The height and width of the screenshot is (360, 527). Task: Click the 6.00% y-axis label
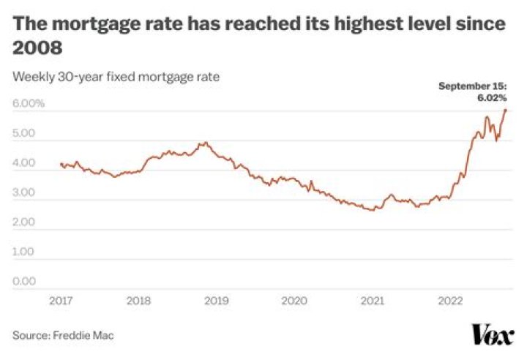tap(29, 103)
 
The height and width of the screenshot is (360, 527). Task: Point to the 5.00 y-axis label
tap(24, 133)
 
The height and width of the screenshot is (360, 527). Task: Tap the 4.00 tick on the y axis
tap(24, 163)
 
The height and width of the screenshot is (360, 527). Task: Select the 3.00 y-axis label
tap(24, 192)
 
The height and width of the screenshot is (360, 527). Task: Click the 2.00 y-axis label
tap(24, 222)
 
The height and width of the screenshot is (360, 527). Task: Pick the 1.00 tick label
tap(24, 252)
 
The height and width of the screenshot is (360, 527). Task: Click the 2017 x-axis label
tap(61, 301)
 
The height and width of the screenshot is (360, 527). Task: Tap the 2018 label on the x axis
tap(138, 301)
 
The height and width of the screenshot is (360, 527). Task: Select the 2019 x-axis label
tap(216, 301)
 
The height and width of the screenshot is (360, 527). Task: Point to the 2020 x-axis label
tap(294, 301)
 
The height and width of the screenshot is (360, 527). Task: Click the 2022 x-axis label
tap(449, 301)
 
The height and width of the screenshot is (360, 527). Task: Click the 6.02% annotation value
tap(493, 97)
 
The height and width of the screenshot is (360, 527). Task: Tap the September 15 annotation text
tap(474, 86)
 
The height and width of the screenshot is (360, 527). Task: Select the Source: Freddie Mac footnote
tap(63, 335)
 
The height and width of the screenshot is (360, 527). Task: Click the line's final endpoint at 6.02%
tap(506, 110)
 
